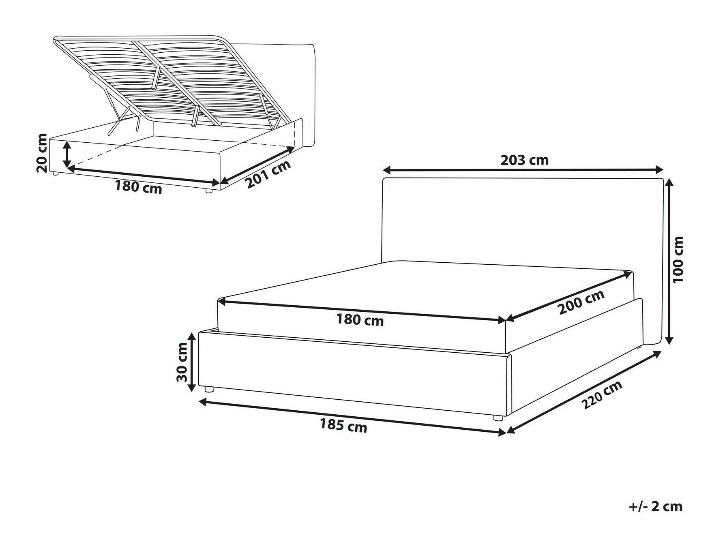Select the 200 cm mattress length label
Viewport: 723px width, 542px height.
[581, 302]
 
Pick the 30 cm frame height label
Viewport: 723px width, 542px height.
[182, 362]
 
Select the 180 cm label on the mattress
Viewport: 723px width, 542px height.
[360, 320]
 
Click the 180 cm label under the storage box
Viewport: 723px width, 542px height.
[138, 187]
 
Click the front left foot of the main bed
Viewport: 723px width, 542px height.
[209, 389]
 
